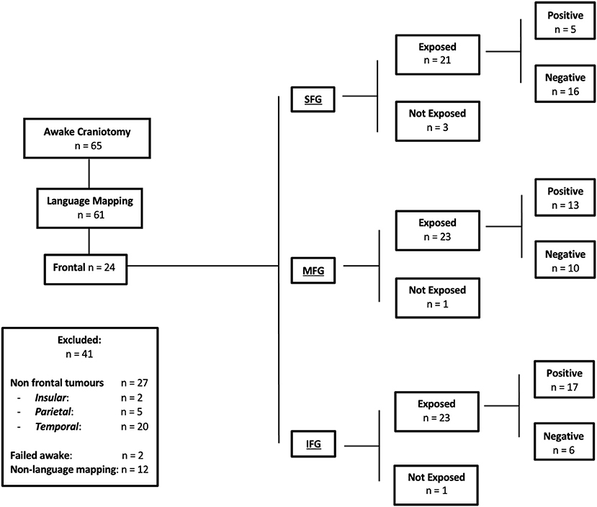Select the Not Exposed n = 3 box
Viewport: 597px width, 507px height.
coord(437,120)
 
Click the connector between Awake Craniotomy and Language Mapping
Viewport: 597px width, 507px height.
coord(88,174)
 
